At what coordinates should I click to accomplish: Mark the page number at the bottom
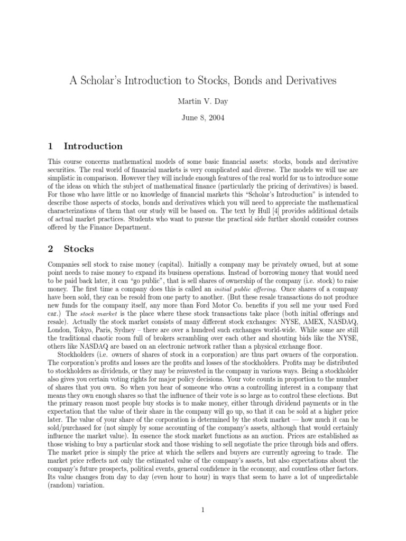pos(202,510)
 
